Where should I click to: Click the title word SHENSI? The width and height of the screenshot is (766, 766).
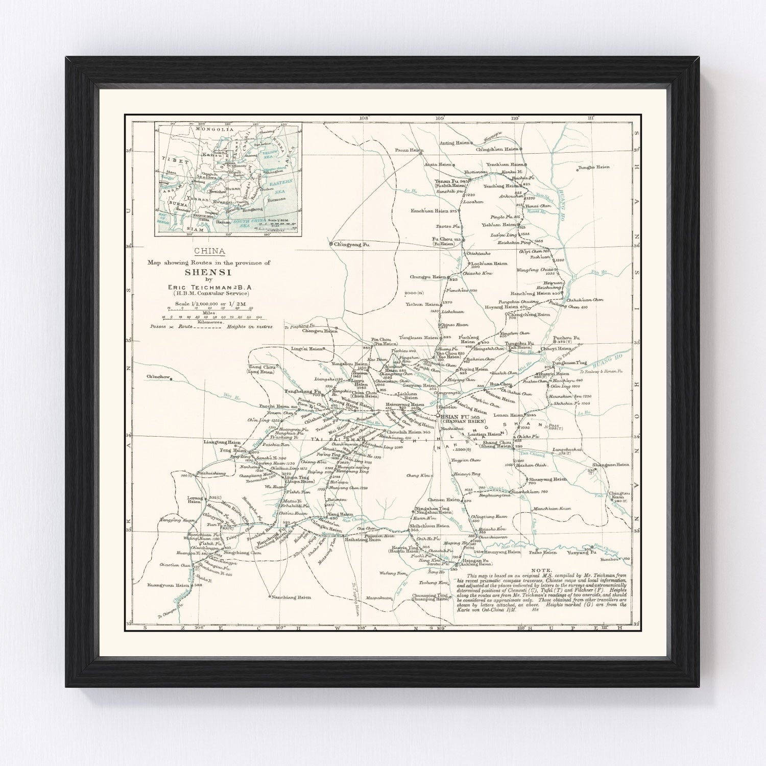point(209,272)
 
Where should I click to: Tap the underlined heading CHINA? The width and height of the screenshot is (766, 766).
point(209,251)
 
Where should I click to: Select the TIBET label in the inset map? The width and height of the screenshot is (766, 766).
point(172,159)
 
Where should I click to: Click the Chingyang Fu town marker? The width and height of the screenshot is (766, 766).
point(331,244)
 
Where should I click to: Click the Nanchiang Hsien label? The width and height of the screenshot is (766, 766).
point(291,596)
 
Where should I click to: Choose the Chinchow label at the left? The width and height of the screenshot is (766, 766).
point(157,377)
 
